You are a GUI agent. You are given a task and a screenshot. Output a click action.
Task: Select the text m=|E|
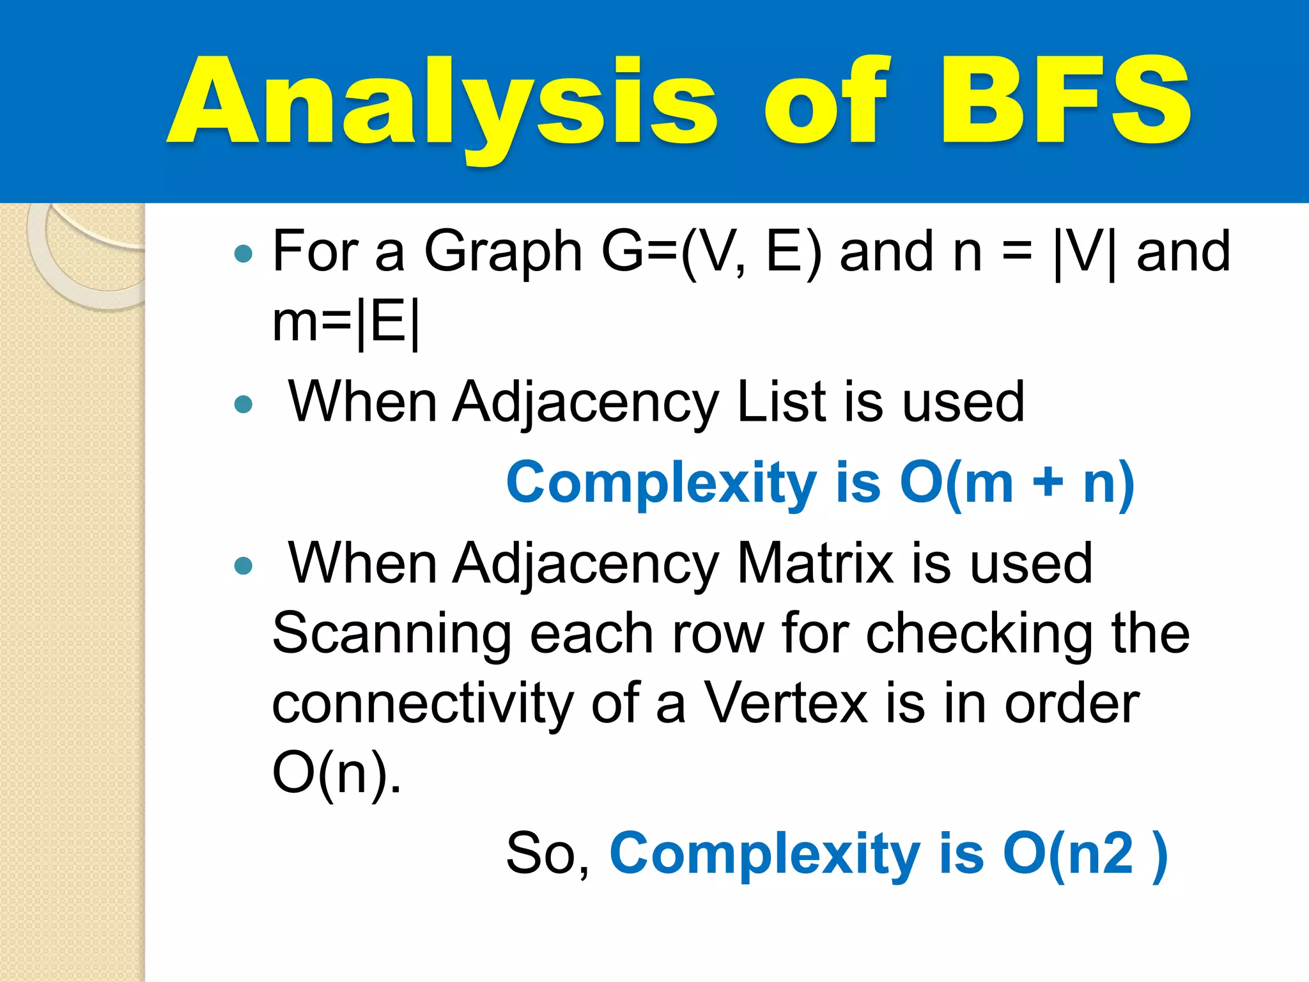click(x=346, y=323)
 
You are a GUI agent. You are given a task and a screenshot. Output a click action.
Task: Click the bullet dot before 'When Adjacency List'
click(x=244, y=404)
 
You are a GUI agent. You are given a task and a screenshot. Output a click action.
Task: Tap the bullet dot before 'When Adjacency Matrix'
click(x=244, y=566)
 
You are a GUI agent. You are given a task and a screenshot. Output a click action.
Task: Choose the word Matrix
click(x=815, y=563)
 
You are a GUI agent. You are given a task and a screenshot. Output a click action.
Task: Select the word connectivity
click(x=422, y=703)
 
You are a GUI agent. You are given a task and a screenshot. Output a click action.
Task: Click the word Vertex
click(x=786, y=703)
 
